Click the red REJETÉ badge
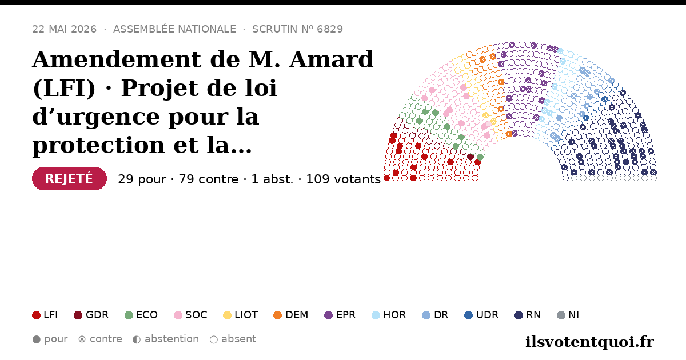coord(69,178)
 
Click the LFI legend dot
coord(36,315)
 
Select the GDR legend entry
coord(91,315)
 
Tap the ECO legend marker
coord(129,315)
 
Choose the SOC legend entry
coord(190,315)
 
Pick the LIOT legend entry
coord(241,315)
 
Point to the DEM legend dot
coord(277,315)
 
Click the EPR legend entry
coord(340,315)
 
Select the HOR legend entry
coord(389,315)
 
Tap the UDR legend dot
coord(469,315)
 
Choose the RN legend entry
coord(528,315)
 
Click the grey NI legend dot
coord(561,315)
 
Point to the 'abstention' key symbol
coord(137,339)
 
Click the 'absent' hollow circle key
coord(214,339)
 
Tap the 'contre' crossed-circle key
coord(82,339)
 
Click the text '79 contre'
coord(208,179)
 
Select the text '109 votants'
coord(344,179)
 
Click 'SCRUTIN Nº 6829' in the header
coord(297,29)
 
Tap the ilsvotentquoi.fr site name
coord(590,342)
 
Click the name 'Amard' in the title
coord(332,59)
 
